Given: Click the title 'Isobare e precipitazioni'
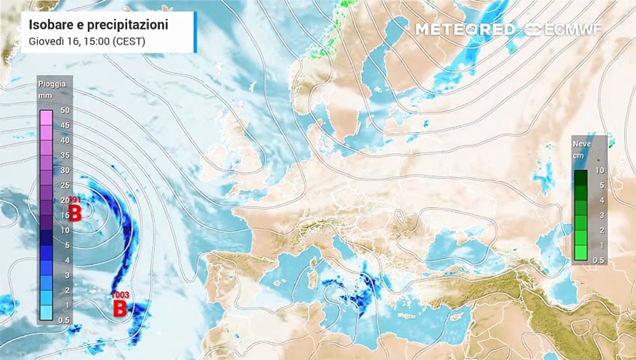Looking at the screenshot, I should pyautogui.click(x=98, y=24).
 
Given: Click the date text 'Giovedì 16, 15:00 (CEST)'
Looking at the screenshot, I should pyautogui.click(x=87, y=41).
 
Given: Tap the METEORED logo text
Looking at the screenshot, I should pyautogui.click(x=464, y=29).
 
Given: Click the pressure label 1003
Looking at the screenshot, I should pyautogui.click(x=120, y=295).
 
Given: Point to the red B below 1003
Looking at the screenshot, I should pyautogui.click(x=119, y=309).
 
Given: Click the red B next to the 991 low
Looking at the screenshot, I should pyautogui.click(x=74, y=214).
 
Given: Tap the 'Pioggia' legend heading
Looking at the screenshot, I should pyautogui.click(x=52, y=84).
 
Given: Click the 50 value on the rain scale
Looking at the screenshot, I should pyautogui.click(x=64, y=110).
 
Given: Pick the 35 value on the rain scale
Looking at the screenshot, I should pyautogui.click(x=64, y=155).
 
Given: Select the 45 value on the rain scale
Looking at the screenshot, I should pyautogui.click(x=64, y=125).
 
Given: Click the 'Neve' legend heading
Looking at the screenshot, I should pyautogui.click(x=582, y=144).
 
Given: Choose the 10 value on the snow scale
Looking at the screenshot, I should pyautogui.click(x=600, y=170).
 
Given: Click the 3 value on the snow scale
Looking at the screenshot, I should pyautogui.click(x=600, y=215).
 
